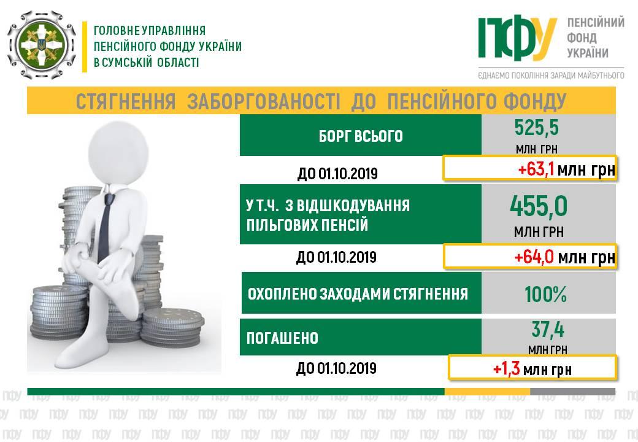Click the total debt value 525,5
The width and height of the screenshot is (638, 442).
[536, 128]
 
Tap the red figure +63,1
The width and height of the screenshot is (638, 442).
[536, 169]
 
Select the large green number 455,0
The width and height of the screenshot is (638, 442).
[539, 206]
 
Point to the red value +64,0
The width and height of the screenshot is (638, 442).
[534, 257]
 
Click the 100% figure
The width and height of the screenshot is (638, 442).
[545, 294]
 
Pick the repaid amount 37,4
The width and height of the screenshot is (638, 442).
[548, 330]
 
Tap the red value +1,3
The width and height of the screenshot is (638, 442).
[506, 369]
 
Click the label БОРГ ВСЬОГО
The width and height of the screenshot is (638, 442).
[361, 136]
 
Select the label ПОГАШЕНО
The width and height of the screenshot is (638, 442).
[282, 338]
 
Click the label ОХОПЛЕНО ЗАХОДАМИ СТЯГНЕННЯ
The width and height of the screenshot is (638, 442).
[358, 294]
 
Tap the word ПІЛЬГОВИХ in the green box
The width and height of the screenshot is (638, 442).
[280, 225]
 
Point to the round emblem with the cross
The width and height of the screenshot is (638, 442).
[42, 45]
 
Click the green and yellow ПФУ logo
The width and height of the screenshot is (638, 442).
[517, 37]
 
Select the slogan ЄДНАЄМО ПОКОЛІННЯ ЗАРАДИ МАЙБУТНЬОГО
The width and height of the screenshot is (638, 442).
[551, 76]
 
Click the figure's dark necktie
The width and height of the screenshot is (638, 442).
[105, 227]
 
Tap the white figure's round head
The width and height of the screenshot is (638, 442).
[118, 153]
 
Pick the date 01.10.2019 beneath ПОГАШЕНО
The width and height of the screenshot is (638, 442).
[347, 368]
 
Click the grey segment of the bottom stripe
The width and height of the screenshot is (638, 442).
[572, 392]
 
